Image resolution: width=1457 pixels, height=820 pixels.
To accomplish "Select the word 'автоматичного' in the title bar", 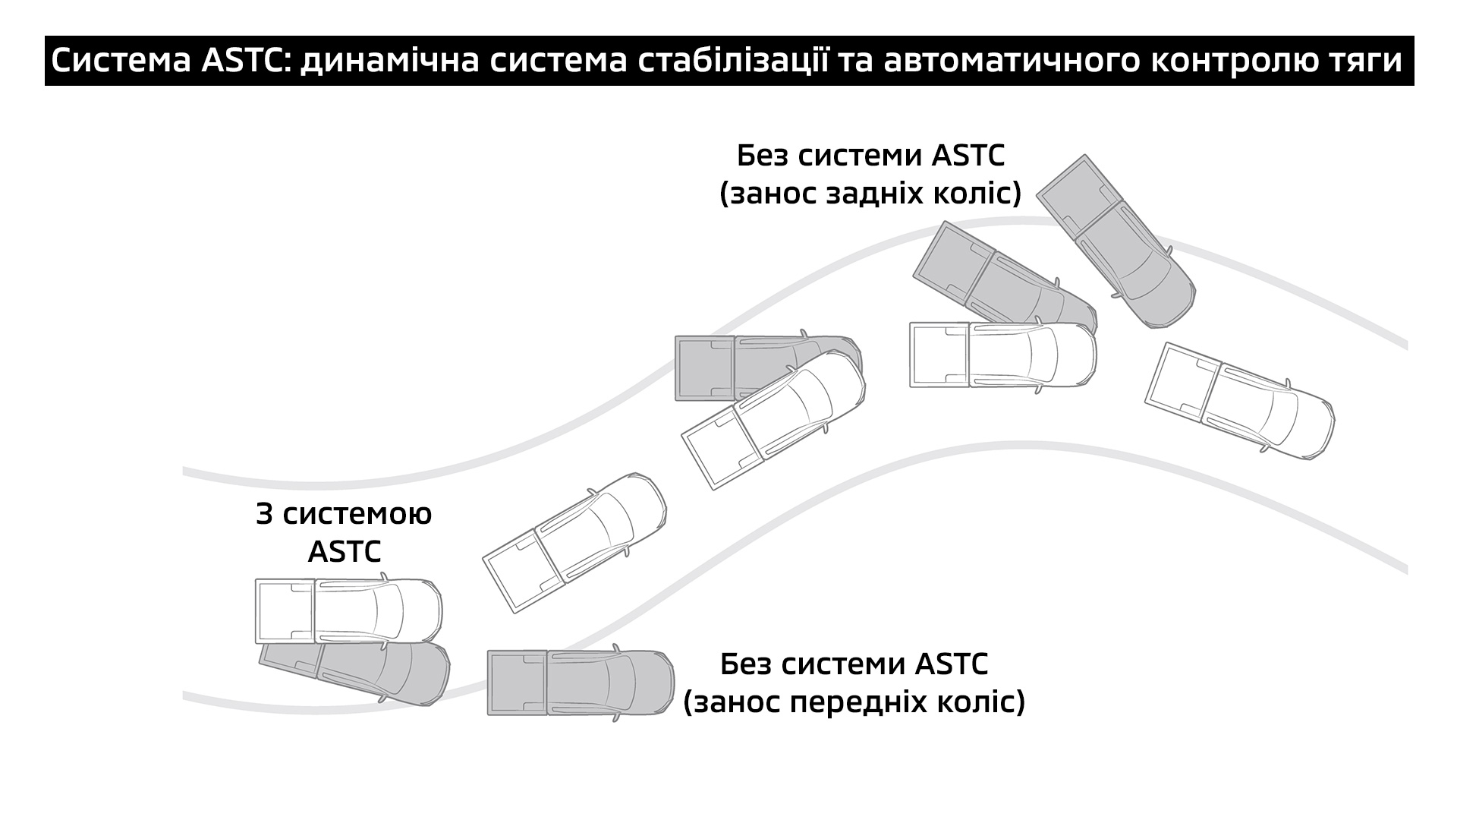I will [x=994, y=61].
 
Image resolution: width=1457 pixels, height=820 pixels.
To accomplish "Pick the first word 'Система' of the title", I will [x=121, y=61].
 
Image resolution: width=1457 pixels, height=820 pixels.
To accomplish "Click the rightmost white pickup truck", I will [x=1239, y=400].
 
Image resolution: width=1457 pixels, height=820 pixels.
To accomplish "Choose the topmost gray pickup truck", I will [x=1116, y=241].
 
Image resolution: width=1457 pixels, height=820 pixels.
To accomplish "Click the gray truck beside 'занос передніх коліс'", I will [x=581, y=683].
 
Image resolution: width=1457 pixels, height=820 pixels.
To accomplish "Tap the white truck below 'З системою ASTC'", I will [x=348, y=611].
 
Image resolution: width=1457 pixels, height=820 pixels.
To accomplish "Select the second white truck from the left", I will [x=574, y=543].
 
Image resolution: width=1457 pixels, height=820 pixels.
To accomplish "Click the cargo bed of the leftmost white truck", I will [x=285, y=611].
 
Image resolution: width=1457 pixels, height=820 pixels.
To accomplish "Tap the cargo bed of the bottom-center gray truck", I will [x=518, y=683].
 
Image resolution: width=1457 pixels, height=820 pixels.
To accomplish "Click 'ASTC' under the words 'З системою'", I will [x=345, y=552].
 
